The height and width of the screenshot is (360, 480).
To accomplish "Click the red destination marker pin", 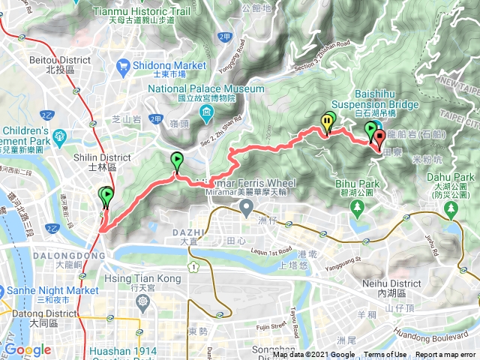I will tap(379, 137).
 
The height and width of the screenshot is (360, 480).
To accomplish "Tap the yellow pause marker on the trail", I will tap(327, 121).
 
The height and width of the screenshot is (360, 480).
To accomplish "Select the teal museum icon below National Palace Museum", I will tap(206, 113).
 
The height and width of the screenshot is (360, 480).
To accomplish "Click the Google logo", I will tap(28, 349).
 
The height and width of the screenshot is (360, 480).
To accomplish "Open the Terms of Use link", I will tap(385, 355).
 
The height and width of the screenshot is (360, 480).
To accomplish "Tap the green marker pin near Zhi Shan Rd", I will tap(176, 159).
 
